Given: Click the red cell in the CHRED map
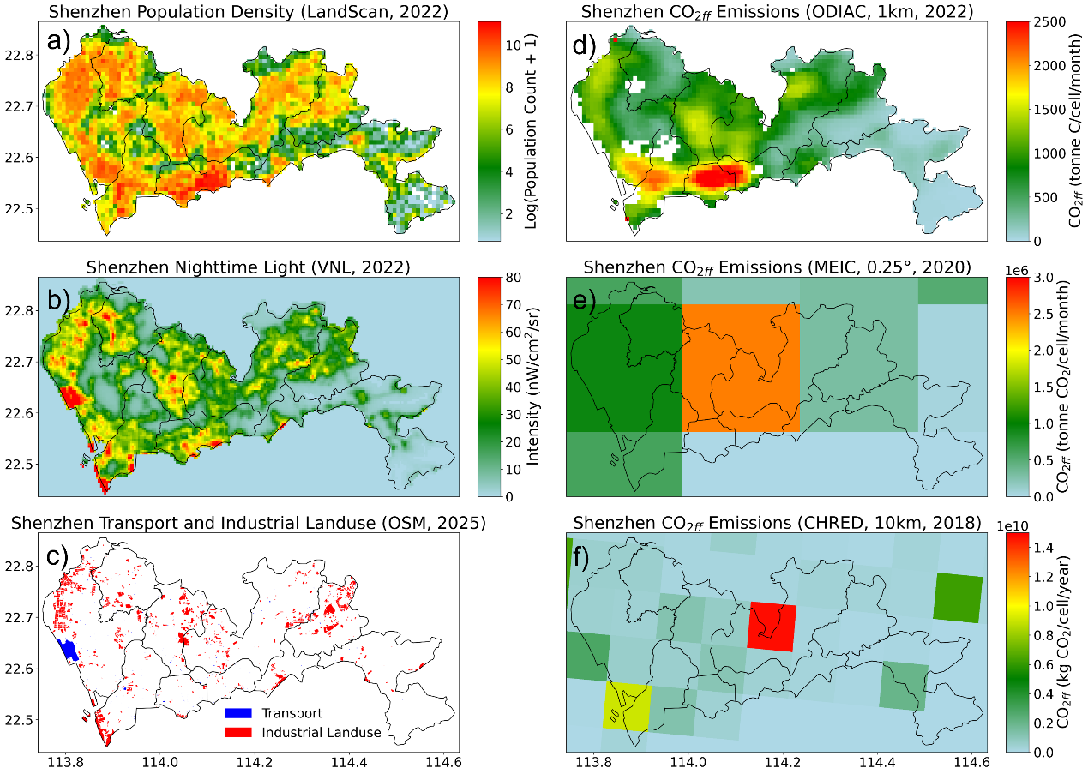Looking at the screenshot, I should [772, 626].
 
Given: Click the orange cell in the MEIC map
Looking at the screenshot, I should [741, 368].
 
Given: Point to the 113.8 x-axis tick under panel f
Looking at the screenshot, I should [593, 759].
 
